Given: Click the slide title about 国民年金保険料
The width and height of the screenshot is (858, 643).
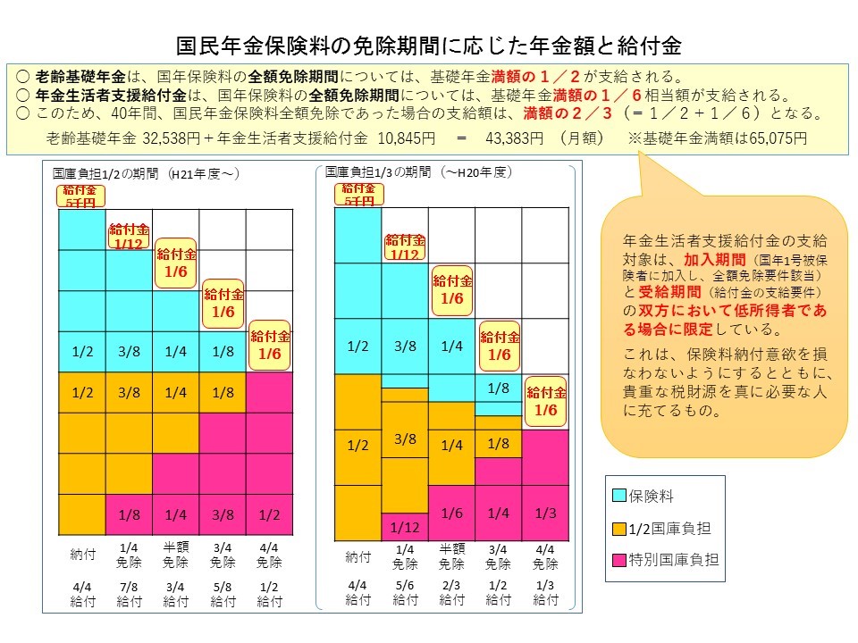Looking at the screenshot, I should (x=429, y=46).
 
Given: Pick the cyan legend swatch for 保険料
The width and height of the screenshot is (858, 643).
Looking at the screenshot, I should (x=618, y=494).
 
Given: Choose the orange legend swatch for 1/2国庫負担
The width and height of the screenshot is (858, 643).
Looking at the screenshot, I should (x=618, y=528).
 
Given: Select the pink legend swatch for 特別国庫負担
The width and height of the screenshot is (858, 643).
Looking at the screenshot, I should (x=618, y=561).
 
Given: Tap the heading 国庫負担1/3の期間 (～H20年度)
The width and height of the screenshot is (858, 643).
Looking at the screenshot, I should (x=418, y=171).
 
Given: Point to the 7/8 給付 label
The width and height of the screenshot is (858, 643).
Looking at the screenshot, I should (x=128, y=594).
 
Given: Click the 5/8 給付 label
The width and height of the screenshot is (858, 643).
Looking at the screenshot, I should (x=223, y=594).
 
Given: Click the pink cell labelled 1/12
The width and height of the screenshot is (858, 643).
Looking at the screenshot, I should (x=405, y=527).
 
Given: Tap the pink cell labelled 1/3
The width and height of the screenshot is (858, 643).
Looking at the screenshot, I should (x=545, y=513).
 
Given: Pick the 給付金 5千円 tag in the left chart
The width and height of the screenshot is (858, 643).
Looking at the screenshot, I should (x=81, y=196).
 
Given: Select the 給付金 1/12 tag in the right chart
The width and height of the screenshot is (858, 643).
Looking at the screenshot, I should (x=405, y=247).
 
